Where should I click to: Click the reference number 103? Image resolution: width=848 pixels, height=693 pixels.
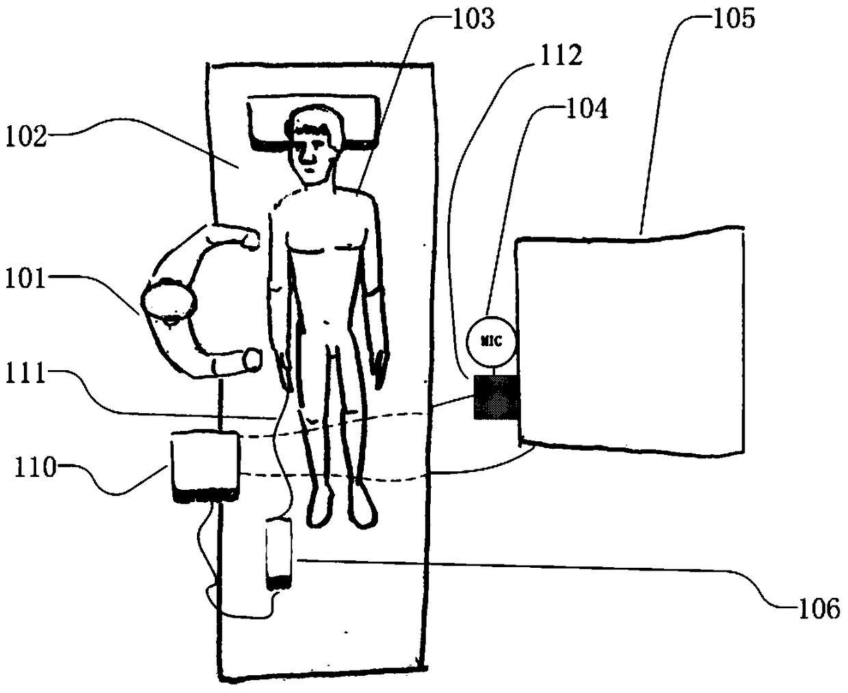pyautogui.click(x=473, y=18)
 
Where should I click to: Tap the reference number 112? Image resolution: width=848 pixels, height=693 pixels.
pyautogui.click(x=560, y=55)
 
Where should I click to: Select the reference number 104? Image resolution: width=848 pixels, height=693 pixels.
pyautogui.click(x=586, y=107)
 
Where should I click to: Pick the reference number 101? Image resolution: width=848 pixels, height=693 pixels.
pyautogui.click(x=25, y=280)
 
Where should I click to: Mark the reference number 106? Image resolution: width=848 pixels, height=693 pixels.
pyautogui.click(x=819, y=607)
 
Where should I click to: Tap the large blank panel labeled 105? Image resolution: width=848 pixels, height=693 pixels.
pyautogui.click(x=629, y=342)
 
